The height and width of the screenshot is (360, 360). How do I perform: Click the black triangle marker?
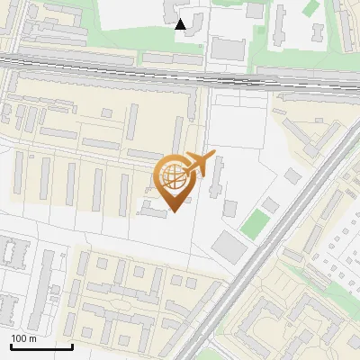(181, 24)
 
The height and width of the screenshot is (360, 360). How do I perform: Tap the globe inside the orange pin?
(174, 176)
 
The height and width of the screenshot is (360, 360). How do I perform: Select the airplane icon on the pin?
(197, 163)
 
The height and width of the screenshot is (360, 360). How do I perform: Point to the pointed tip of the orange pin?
(174, 212)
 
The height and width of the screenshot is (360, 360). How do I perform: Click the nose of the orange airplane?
(211, 154)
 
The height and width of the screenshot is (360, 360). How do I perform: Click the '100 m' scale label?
(23, 338)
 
